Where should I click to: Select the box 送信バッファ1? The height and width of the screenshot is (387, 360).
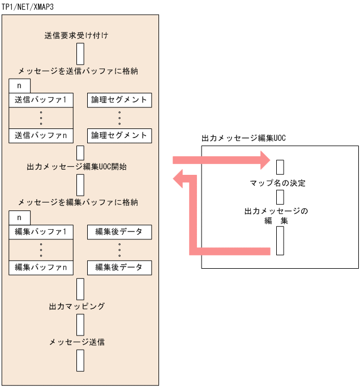[x=41, y=100]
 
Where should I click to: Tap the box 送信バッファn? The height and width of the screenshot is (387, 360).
[x=41, y=135]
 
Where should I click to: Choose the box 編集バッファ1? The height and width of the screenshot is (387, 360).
[x=41, y=231]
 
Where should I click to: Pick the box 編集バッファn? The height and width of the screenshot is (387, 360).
[x=41, y=266]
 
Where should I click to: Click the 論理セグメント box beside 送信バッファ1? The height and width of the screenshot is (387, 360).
[x=119, y=100]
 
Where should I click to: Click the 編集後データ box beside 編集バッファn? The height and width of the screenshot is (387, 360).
[x=119, y=266]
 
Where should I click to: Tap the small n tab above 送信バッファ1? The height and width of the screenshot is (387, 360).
[x=20, y=86]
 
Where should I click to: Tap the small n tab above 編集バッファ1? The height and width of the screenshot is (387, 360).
[x=20, y=217]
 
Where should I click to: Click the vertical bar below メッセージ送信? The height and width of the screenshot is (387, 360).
[x=80, y=360]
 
